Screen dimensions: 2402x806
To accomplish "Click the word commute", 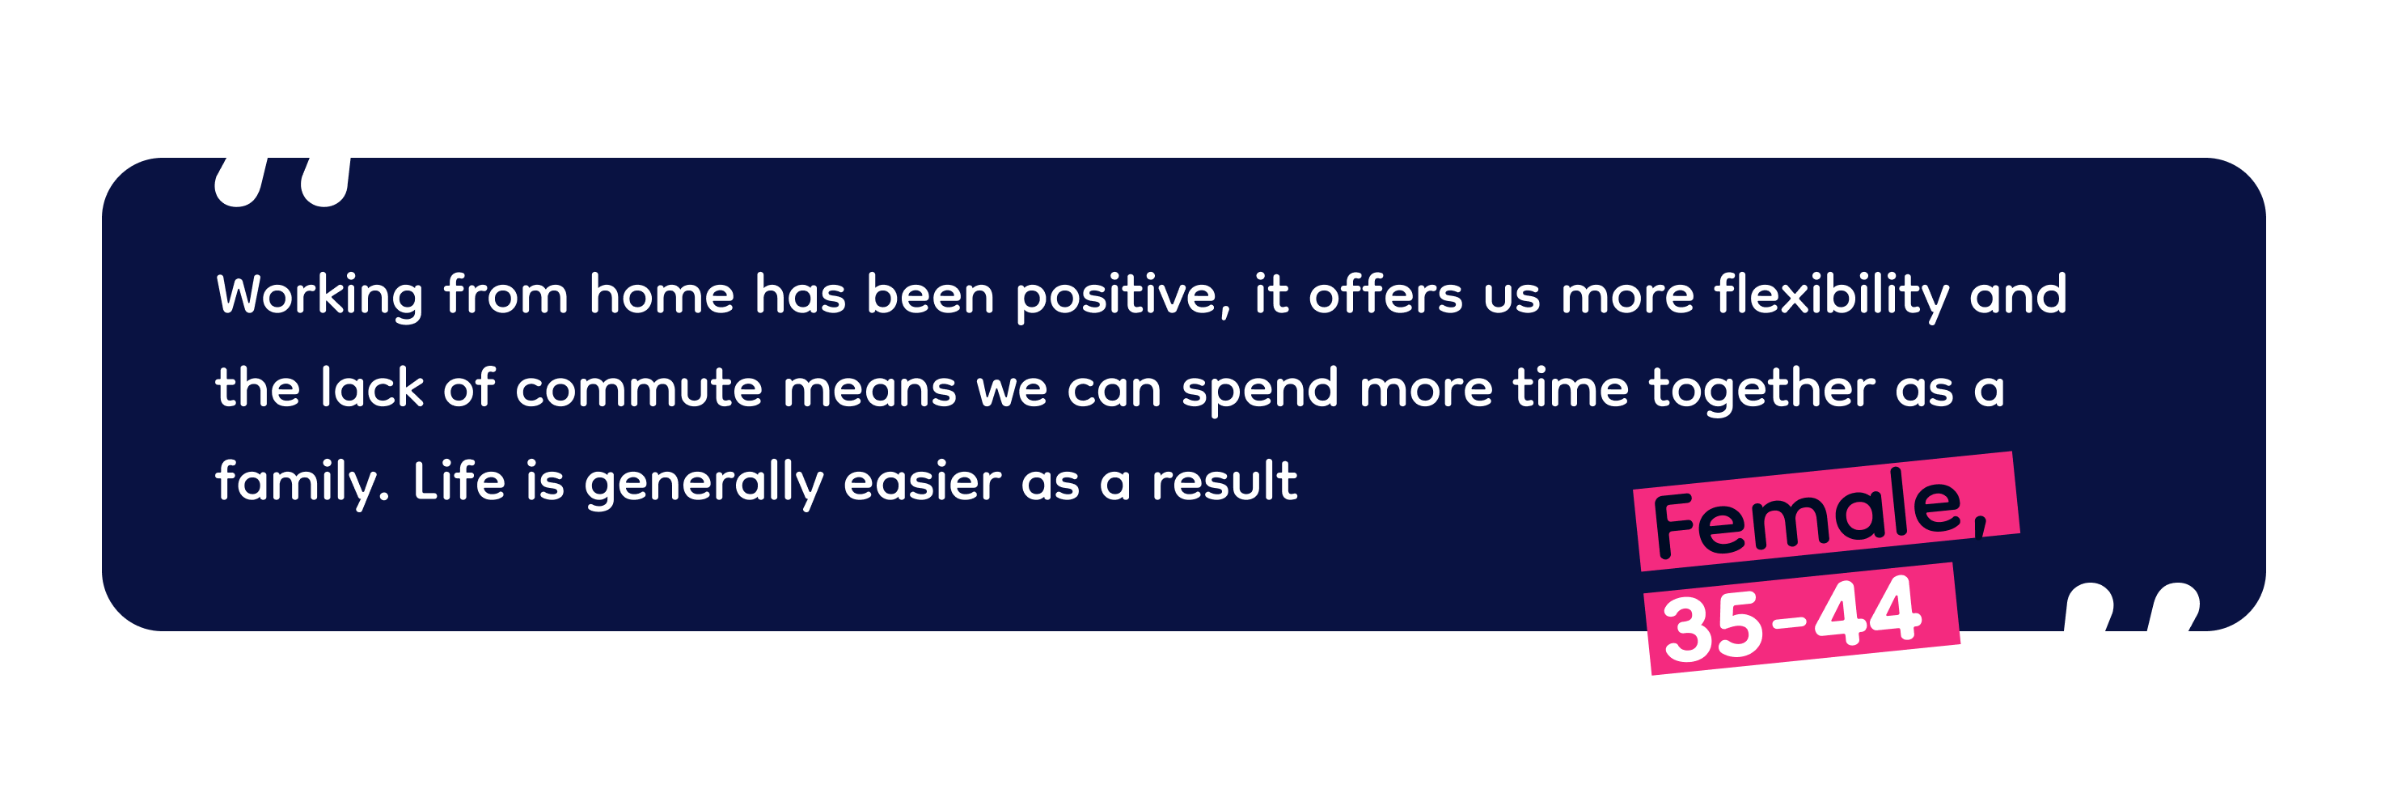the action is [639, 388].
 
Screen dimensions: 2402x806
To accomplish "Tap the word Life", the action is [459, 481].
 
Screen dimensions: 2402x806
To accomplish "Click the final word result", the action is [1224, 481].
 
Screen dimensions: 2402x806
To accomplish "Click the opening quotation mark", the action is [282, 182].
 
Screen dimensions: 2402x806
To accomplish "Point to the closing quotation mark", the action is [2132, 607].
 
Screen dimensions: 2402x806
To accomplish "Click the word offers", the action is [1385, 295].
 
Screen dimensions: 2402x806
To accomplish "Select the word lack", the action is [372, 388].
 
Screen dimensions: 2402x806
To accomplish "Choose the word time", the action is [1571, 388].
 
